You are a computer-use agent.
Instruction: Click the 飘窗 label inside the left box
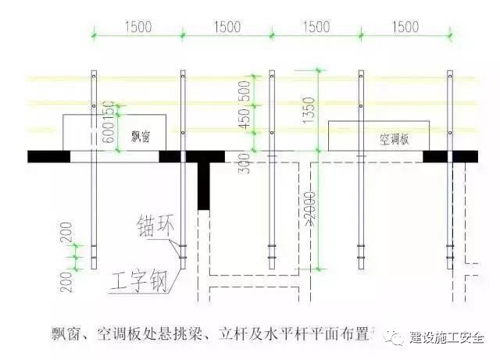[x=141, y=136]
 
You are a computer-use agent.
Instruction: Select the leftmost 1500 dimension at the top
[x=137, y=27]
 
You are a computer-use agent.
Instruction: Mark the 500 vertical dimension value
[x=244, y=87]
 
